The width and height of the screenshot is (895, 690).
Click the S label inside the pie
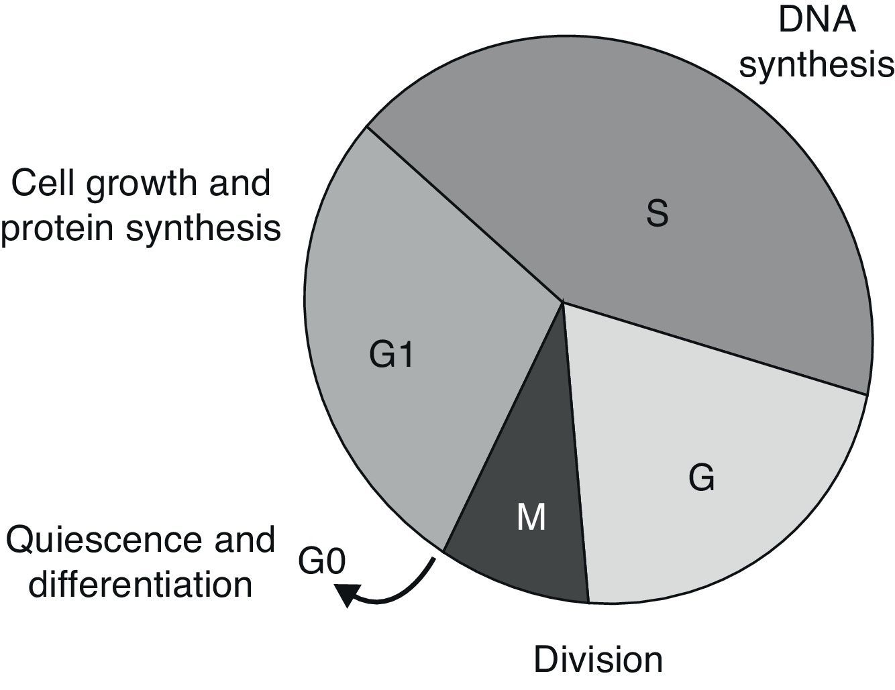point(657,214)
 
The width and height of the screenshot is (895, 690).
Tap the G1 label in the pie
point(391,355)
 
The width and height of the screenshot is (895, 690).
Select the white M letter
point(531,518)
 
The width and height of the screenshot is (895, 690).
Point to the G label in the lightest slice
point(701,478)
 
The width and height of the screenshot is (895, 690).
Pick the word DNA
point(817,20)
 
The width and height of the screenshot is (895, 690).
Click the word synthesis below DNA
point(817,66)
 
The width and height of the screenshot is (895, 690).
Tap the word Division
point(598,659)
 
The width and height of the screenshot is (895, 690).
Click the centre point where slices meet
point(562,302)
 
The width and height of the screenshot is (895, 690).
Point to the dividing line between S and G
point(715,348)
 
